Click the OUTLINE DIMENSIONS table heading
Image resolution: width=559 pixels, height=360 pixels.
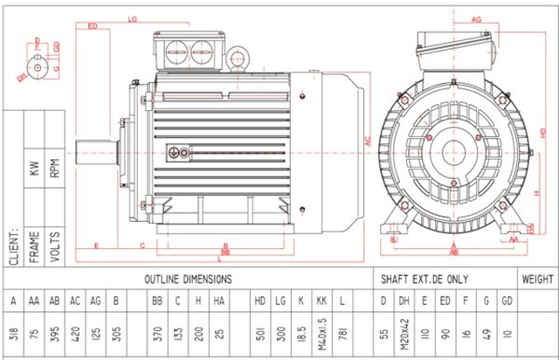tap(188, 280)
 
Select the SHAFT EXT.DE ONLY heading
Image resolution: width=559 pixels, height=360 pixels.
tap(434, 280)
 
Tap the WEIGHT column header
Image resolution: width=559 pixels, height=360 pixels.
tap(536, 280)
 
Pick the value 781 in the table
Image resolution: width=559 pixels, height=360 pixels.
tap(343, 336)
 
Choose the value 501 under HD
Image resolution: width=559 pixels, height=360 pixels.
tap(259, 336)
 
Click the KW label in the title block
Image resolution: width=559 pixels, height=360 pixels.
tap(34, 169)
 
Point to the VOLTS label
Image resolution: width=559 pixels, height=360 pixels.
tap(55, 247)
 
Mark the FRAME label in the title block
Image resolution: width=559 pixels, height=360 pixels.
tap(34, 247)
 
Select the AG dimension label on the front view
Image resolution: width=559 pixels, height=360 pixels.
tap(477, 18)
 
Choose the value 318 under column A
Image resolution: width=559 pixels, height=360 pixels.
tap(13, 336)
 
